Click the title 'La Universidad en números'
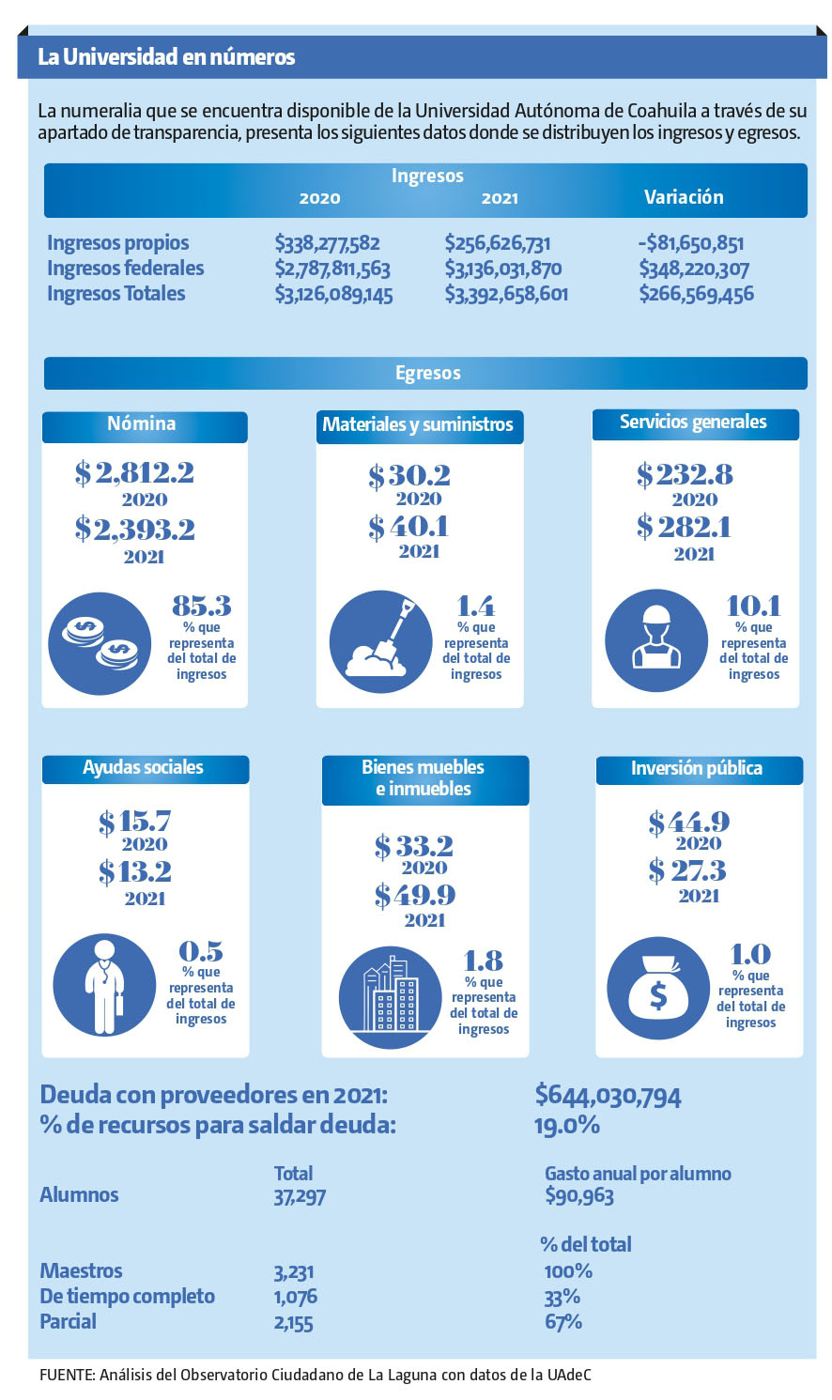click(166, 57)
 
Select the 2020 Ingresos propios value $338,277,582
click(327, 243)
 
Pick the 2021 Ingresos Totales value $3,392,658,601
click(506, 294)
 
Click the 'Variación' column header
click(683, 197)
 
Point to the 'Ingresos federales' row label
click(126, 269)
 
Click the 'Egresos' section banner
click(426, 373)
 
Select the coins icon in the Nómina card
click(100, 643)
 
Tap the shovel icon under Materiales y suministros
click(380, 642)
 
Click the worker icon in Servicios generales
click(655, 641)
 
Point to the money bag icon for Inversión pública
click(657, 989)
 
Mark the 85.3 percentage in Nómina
click(201, 605)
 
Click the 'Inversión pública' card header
click(698, 769)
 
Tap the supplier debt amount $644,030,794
click(608, 1095)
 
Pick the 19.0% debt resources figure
click(566, 1125)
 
